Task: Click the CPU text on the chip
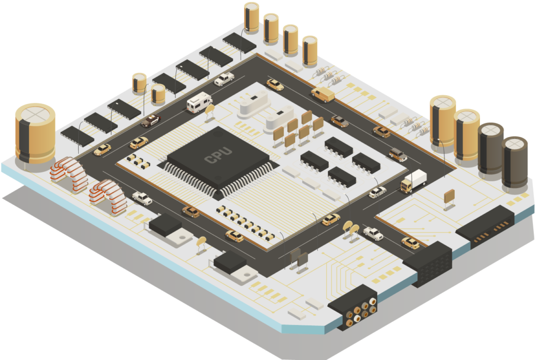[218, 155]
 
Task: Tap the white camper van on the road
[199, 102]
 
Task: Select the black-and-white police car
[151, 121]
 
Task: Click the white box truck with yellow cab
[414, 181]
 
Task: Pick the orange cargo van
[323, 94]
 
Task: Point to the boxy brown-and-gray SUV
[398, 155]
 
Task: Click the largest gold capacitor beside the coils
[35, 134]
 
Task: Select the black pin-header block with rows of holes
[427, 264]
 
